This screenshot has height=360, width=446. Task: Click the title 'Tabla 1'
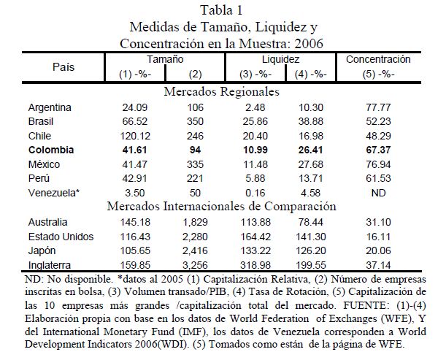[x=222, y=9]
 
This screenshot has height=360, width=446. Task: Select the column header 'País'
[x=64, y=66]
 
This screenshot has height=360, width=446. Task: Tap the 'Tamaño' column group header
[x=165, y=59]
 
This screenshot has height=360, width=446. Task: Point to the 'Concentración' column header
[x=378, y=59]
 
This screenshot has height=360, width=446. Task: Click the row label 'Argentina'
[x=50, y=108]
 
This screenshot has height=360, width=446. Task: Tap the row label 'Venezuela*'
[x=53, y=192]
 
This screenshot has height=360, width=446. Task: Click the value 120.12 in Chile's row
[x=136, y=136]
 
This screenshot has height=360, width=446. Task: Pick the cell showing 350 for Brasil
[x=195, y=122]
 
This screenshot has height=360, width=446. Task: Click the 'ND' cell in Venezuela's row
[x=378, y=192]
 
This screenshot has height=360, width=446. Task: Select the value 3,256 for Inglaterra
[x=195, y=263]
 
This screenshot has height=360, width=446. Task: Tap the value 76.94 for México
[x=378, y=164]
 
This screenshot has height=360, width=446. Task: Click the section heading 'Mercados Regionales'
[x=222, y=93]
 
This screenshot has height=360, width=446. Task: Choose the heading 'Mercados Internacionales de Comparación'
[x=222, y=206]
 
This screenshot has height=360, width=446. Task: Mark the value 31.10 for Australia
[x=378, y=221]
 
